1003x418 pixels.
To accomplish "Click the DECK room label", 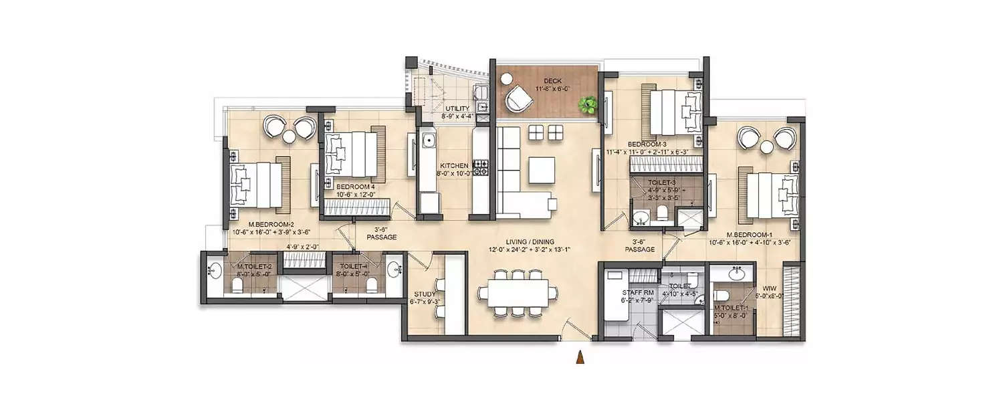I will coord(552,81).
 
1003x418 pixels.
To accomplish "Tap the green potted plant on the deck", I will coord(588,104).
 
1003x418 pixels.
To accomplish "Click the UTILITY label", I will coord(457,108).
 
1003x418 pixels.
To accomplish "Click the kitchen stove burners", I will coord(481,167).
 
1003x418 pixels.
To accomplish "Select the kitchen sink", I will coord(427,141).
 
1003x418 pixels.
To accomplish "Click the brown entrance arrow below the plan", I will coord(581,358).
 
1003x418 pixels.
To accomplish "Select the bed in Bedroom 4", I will coord(351,154).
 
